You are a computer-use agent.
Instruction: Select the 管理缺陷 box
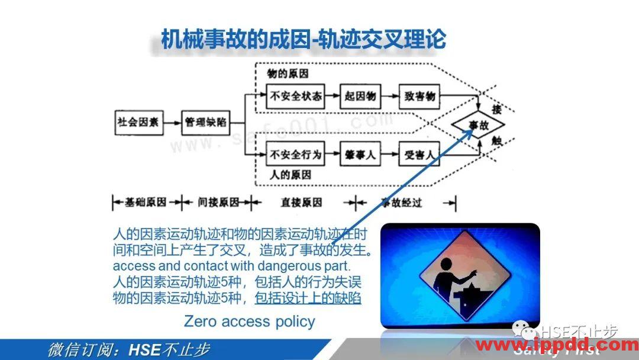(x=205, y=123)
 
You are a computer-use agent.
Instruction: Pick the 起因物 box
(x=359, y=95)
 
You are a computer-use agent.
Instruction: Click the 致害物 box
(x=421, y=95)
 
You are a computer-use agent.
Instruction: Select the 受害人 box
(x=421, y=155)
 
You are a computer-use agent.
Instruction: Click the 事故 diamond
(x=477, y=125)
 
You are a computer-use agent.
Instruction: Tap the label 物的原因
(x=289, y=74)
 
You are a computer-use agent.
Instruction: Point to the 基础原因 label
(x=145, y=202)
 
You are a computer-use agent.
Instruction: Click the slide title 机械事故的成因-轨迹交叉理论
(x=304, y=40)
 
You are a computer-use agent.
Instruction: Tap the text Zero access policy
(x=249, y=322)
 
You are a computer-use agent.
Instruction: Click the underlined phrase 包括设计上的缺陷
(x=308, y=298)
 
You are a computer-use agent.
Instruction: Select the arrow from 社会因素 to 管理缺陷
(x=172, y=123)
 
